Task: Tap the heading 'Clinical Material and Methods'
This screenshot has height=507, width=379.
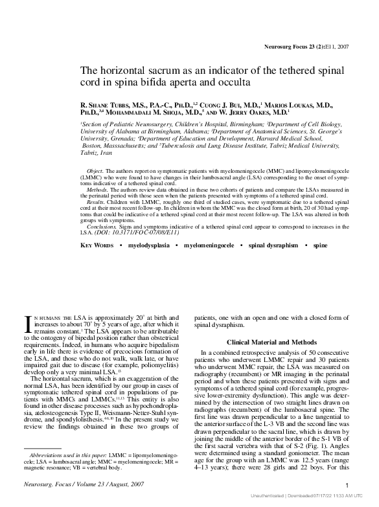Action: point(271,341)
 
